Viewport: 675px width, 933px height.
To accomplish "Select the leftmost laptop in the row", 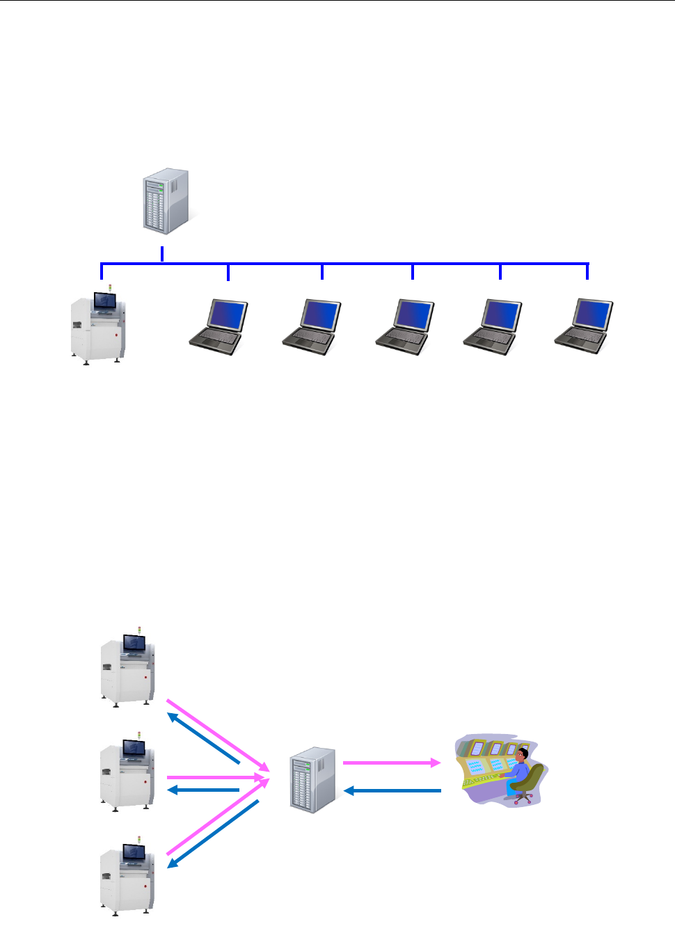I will click(219, 326).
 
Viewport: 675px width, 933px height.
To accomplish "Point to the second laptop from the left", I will click(312, 326).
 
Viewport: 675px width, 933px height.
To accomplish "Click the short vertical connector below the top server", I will click(162, 254).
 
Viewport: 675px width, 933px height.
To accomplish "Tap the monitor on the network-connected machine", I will click(105, 301).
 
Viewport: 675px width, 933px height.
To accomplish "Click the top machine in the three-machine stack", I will click(128, 669).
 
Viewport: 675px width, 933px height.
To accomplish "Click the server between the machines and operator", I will click(312, 780).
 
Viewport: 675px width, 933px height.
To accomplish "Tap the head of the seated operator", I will click(523, 755).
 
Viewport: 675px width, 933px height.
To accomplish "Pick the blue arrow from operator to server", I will click(393, 791).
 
